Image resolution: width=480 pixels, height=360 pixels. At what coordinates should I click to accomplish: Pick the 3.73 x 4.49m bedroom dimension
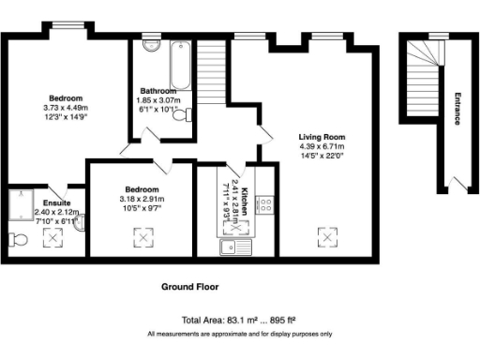point(67,108)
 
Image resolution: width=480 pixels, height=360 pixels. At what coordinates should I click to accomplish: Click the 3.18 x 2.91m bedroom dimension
point(142,199)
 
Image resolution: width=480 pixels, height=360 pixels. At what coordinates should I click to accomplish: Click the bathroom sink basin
point(151,46)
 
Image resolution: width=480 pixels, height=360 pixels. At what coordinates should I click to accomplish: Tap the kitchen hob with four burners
point(265,203)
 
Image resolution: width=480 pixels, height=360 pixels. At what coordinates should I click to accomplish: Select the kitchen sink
point(233,247)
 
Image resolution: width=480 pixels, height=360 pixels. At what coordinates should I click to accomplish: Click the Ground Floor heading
point(189,286)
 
